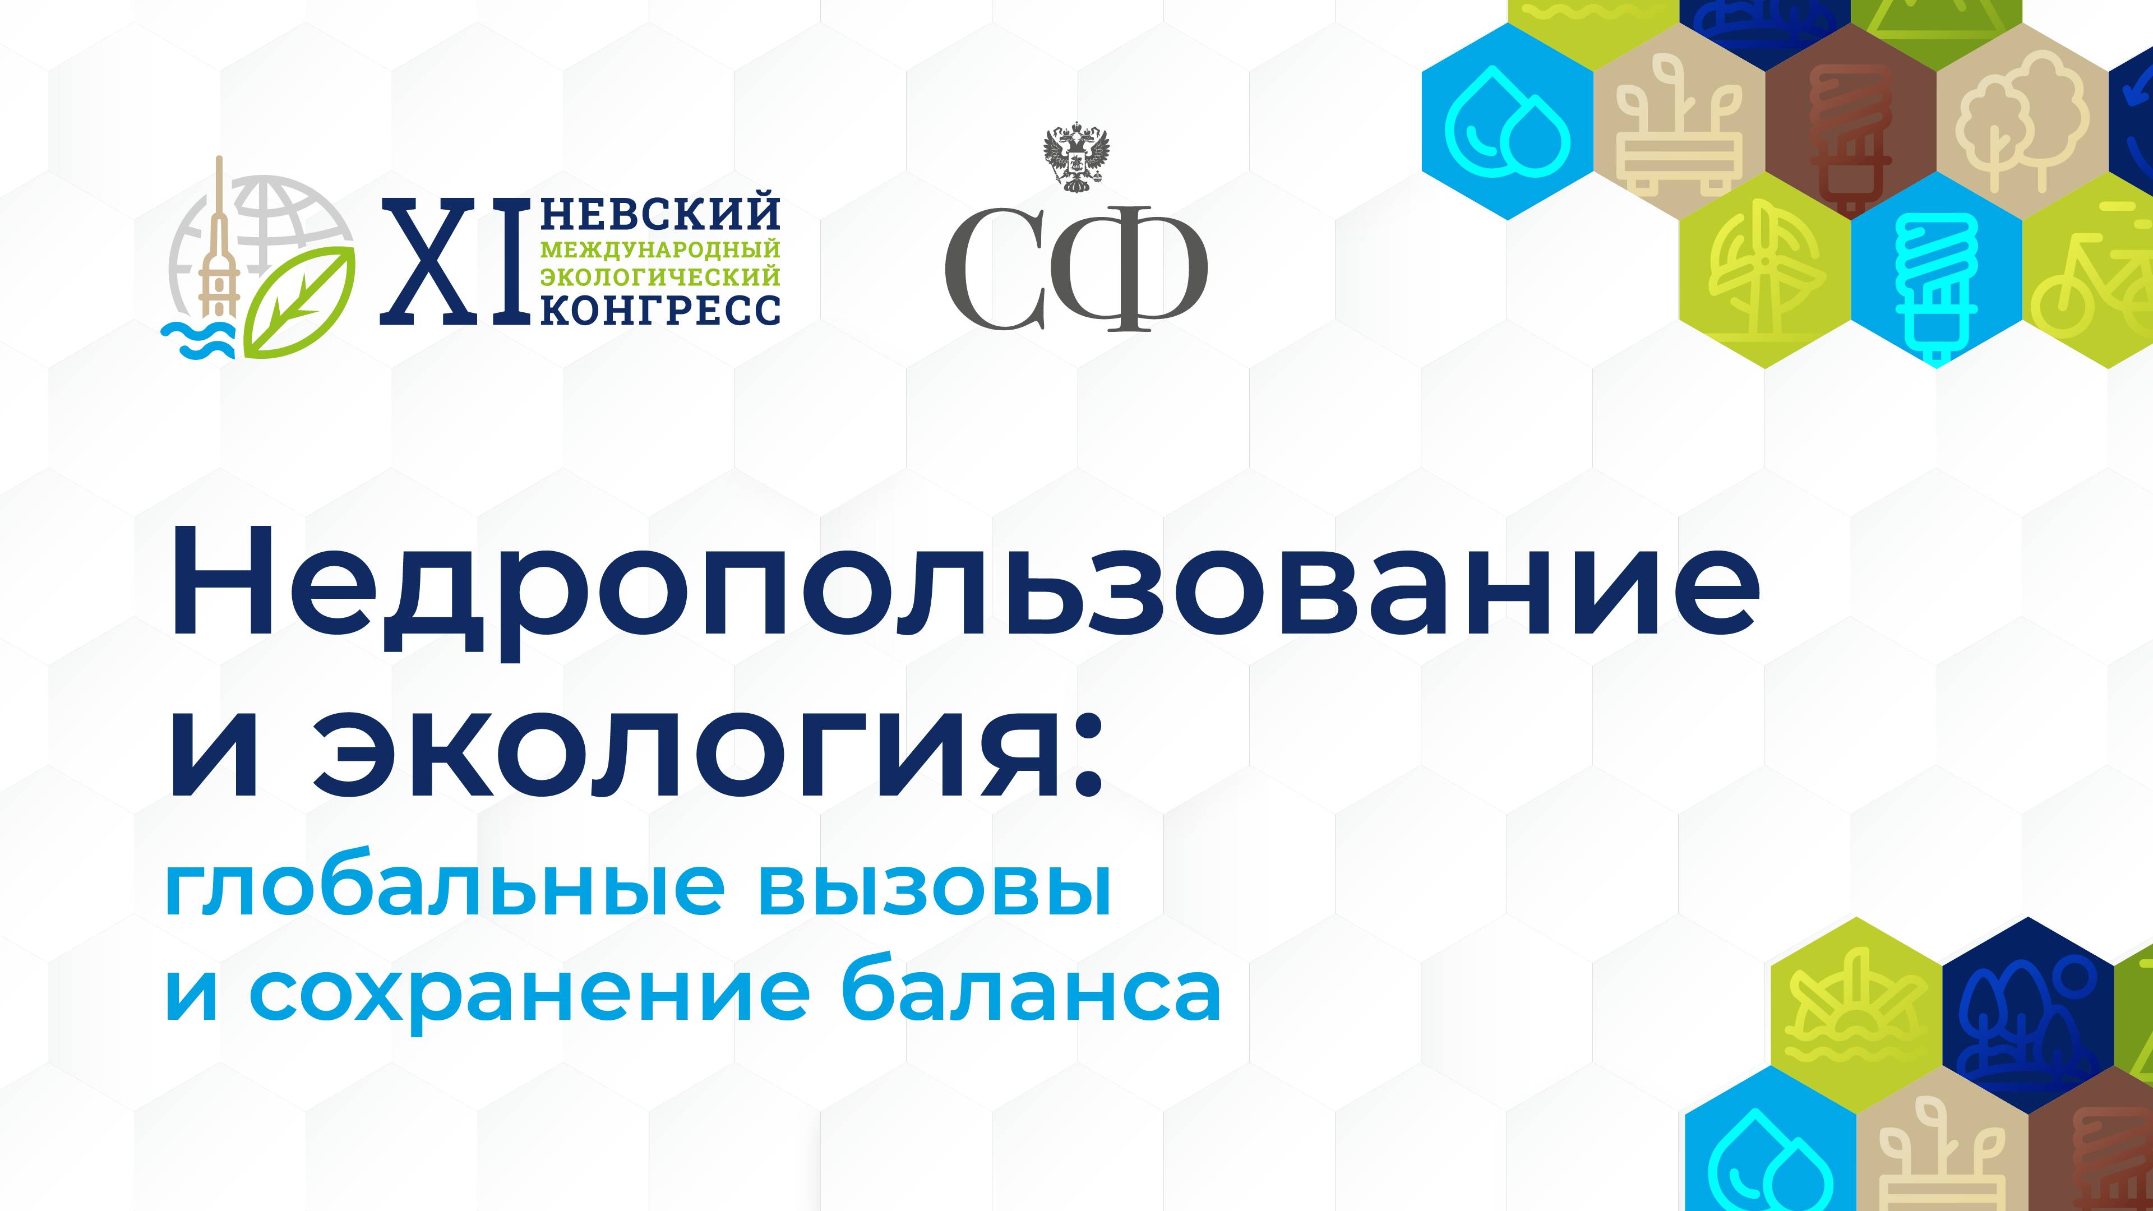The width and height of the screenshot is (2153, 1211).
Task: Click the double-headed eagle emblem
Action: (1076, 159)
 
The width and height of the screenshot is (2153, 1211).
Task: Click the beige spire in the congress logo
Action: (220, 242)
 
